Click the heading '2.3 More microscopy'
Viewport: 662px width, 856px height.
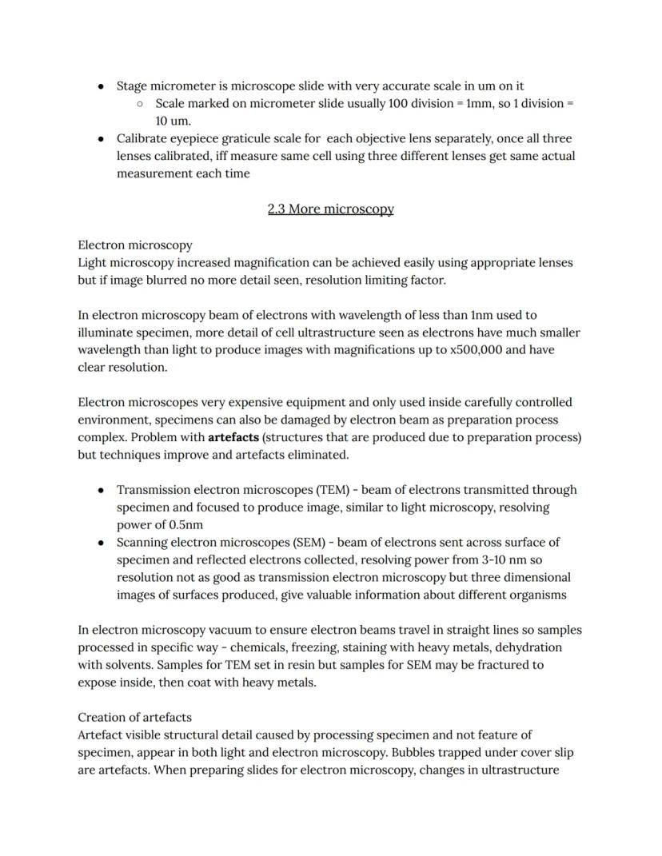330,209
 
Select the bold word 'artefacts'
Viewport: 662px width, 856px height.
233,437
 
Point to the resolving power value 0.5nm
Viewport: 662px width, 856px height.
185,525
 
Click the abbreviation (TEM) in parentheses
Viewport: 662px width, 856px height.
333,490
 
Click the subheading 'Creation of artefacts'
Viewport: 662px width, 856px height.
134,717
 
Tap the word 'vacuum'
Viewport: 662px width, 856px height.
231,630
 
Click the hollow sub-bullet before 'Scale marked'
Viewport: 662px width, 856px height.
140,104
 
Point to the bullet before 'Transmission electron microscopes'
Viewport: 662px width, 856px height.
101,490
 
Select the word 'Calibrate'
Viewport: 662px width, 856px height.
143,139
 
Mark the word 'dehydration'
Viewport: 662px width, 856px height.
528,647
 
